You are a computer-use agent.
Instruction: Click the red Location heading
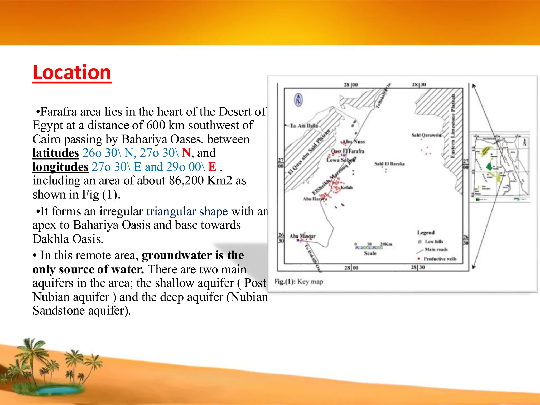pos(72,73)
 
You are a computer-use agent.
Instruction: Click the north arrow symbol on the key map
pos(298,100)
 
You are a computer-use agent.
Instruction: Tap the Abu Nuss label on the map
pos(354,142)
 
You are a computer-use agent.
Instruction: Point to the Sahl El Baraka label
pos(389,164)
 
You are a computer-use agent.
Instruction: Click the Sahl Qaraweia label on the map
pos(426,135)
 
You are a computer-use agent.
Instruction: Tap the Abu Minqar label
pos(302,236)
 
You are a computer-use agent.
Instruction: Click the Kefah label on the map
pos(346,187)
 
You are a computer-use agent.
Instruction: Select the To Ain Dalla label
pos(304,126)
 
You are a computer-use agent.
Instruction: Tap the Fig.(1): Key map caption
pos(299,282)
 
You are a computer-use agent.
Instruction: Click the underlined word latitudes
pos(56,153)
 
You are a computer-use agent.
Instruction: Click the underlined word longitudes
pos(60,167)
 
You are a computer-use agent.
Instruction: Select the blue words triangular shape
pos(187,211)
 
